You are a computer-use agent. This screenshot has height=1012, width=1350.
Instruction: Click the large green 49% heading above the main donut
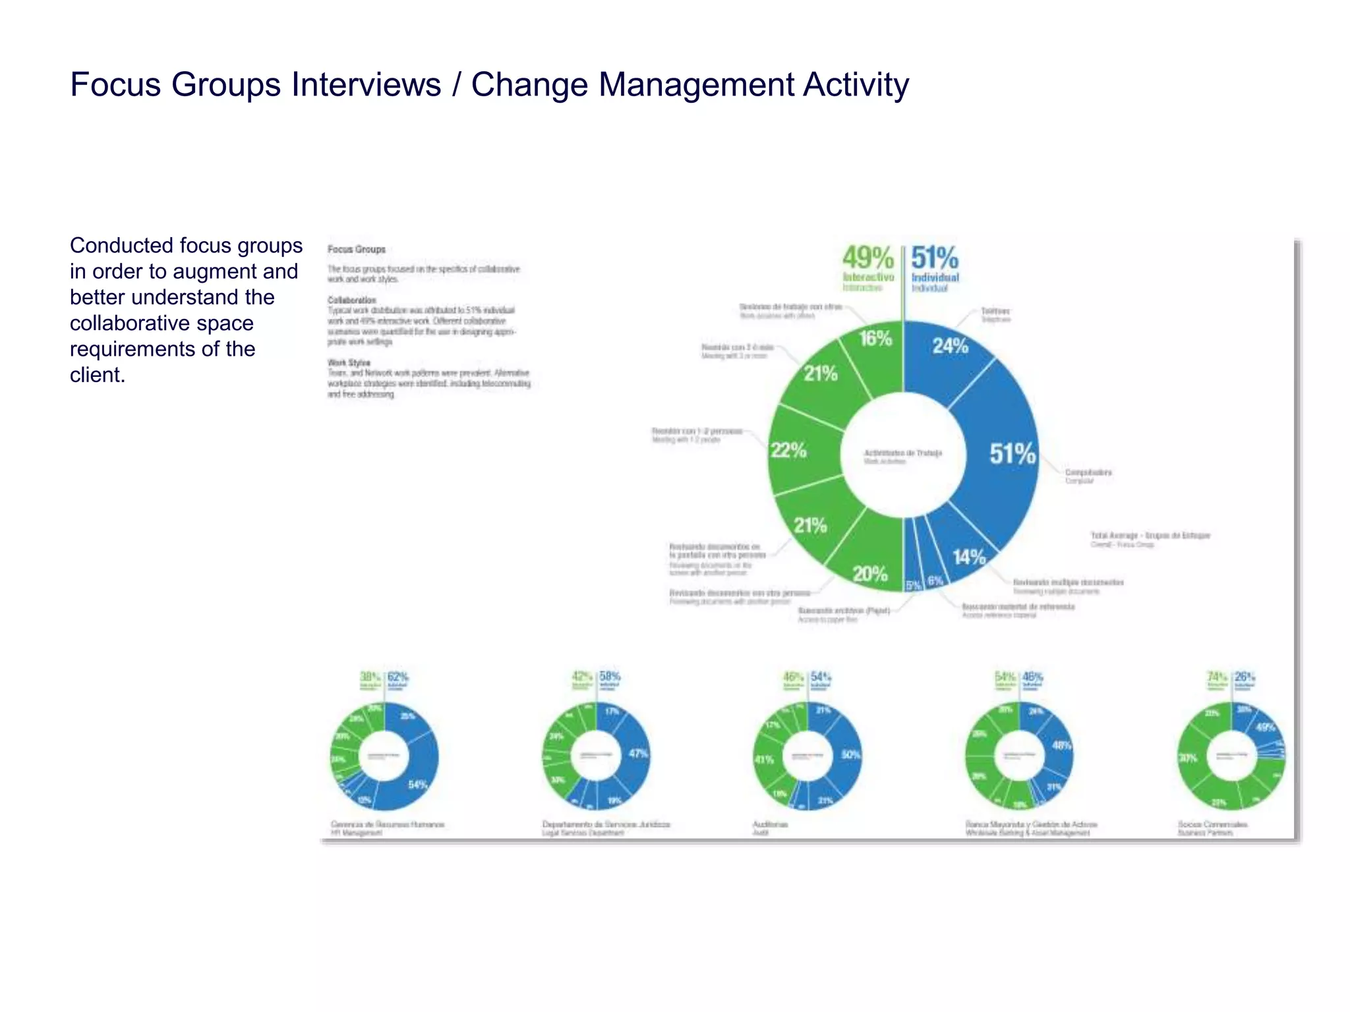coord(867,258)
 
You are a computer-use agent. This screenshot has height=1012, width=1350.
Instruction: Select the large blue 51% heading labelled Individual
coord(935,258)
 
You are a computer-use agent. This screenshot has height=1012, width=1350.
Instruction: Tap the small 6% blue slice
coord(935,580)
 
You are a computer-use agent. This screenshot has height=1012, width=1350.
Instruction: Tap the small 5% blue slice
coord(913,584)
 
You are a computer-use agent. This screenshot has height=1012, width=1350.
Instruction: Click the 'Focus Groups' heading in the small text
coord(357,250)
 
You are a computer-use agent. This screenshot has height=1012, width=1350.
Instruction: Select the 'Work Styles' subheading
coord(349,362)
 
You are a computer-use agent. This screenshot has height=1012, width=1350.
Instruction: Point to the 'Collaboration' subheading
coord(351,300)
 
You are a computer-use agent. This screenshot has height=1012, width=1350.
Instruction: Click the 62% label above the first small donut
coord(398,677)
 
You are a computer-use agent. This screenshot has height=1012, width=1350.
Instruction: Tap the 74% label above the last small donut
coord(1217,677)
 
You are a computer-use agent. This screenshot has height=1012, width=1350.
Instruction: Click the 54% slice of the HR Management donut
coord(417,785)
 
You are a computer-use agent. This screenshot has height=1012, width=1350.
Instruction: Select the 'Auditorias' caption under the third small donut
coord(770,824)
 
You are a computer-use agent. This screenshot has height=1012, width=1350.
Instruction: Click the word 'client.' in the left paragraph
coord(98,375)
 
